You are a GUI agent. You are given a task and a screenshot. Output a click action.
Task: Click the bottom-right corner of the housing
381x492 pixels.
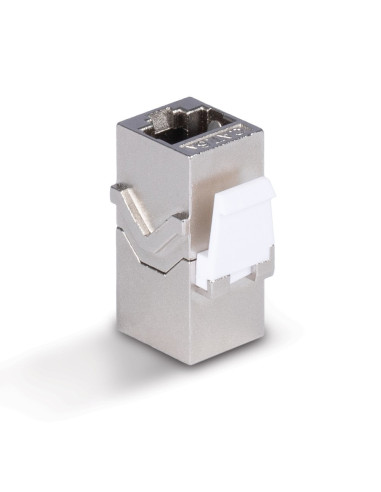[262, 350]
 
